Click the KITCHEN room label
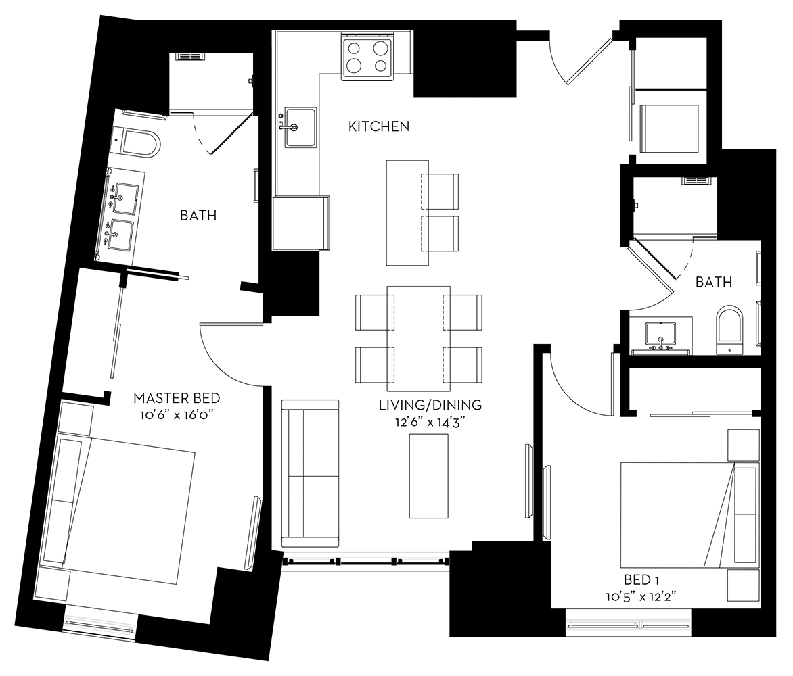[379, 126]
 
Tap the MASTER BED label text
[177, 398]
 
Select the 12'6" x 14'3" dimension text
[430, 422]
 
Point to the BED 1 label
[641, 580]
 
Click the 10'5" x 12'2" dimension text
[641, 597]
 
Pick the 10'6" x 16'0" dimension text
[177, 415]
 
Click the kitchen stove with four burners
[367, 59]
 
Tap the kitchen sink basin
[300, 127]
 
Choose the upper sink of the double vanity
[125, 198]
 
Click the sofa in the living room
[310, 473]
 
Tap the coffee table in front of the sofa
[428, 476]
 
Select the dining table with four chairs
[419, 338]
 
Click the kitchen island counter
[407, 213]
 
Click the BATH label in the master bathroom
[198, 216]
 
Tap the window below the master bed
[99, 625]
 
